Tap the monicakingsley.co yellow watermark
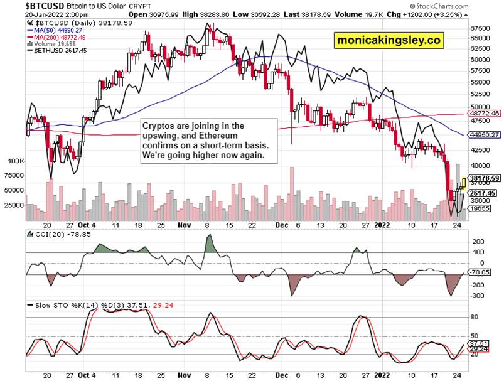click(x=389, y=40)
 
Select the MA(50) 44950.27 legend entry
click(x=59, y=29)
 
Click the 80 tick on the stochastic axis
click(x=475, y=318)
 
